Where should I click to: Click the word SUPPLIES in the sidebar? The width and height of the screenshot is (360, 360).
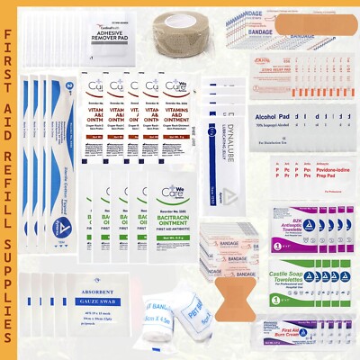[x=14, y=296]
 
